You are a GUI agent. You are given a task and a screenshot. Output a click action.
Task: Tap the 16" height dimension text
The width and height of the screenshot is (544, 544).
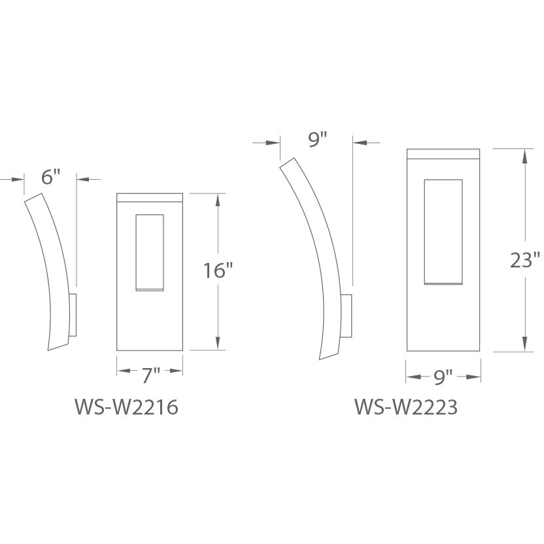[x=218, y=271]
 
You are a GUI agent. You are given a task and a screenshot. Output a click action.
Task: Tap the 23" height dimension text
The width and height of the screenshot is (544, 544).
[x=525, y=260]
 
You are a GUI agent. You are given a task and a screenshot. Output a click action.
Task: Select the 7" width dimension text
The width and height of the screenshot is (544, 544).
[x=150, y=374]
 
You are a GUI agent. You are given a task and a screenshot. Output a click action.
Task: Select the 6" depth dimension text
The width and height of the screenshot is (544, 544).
[x=50, y=177]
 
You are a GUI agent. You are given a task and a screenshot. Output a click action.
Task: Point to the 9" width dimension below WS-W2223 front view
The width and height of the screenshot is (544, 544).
[x=443, y=377]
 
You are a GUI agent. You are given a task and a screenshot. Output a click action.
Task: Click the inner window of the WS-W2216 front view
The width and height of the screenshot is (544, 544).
[x=150, y=252]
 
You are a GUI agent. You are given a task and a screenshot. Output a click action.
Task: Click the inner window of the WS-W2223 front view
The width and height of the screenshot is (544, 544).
[x=443, y=231]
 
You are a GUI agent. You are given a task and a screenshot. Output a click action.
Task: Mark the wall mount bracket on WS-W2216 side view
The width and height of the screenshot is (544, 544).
[x=73, y=315]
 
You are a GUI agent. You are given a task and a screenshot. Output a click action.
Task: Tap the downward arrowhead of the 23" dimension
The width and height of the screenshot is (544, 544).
[x=524, y=345]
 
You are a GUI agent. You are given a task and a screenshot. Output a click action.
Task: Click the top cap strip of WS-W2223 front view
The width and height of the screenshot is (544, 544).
[x=443, y=154]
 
